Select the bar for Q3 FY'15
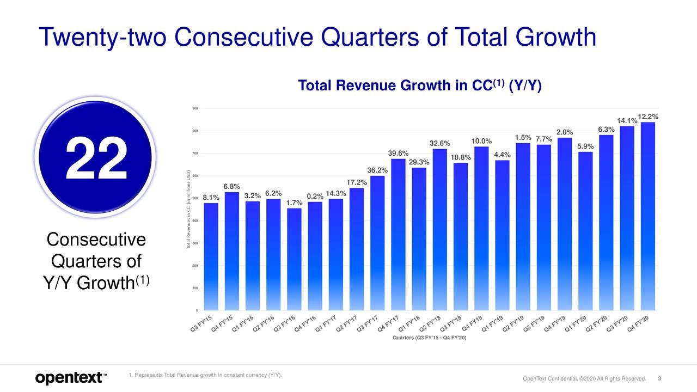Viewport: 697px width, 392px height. (211, 256)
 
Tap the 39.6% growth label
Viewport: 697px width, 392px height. (398, 153)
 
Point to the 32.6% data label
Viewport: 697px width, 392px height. (440, 143)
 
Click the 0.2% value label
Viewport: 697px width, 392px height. (315, 196)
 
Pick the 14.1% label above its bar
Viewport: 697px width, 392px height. (626, 120)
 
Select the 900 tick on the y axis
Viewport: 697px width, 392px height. (195, 108)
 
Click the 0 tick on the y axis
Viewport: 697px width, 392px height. (197, 310)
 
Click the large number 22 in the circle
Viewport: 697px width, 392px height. (96, 158)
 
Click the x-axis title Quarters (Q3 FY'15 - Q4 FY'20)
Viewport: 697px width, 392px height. (429, 339)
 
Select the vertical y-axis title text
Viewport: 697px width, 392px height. (188, 210)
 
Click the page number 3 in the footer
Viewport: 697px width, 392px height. (659, 379)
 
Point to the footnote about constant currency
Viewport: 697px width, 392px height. (205, 375)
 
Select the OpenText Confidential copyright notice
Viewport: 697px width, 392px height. (584, 379)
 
